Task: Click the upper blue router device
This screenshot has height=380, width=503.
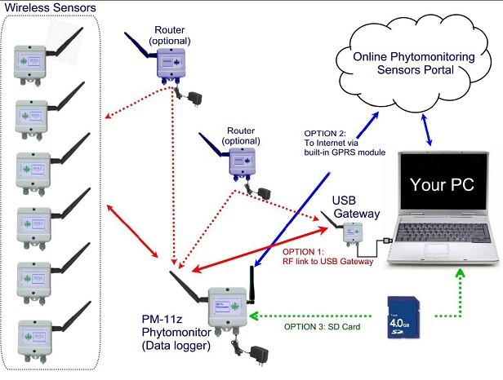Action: click(x=167, y=61)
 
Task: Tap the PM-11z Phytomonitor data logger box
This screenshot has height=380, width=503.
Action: click(x=229, y=306)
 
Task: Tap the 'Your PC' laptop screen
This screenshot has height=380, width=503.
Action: click(x=439, y=183)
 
